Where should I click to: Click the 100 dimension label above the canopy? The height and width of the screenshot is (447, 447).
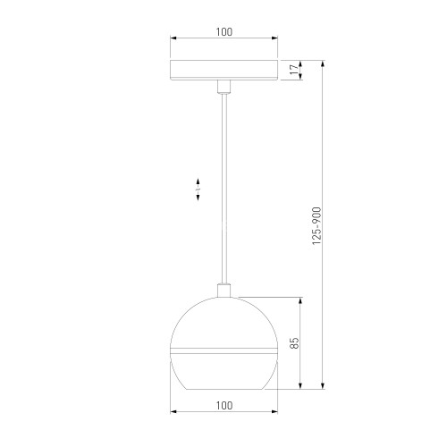[x=223, y=31]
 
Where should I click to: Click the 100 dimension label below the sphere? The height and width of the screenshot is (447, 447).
[x=223, y=405]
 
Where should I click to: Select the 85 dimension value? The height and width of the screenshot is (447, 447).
[x=293, y=342]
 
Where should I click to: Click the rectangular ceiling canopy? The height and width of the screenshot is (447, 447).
[x=223, y=71]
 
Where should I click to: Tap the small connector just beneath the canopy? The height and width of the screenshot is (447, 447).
[x=223, y=86]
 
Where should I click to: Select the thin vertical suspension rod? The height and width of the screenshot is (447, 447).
[x=223, y=188]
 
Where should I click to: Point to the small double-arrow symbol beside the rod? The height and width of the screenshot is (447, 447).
[x=198, y=190]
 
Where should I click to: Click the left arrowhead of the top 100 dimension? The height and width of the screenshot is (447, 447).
[x=173, y=39]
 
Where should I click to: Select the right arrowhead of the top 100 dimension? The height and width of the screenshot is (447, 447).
[x=274, y=39]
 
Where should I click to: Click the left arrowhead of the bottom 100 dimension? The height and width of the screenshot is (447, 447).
[x=173, y=413]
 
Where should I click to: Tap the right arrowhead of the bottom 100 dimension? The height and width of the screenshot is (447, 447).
[x=274, y=413]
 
